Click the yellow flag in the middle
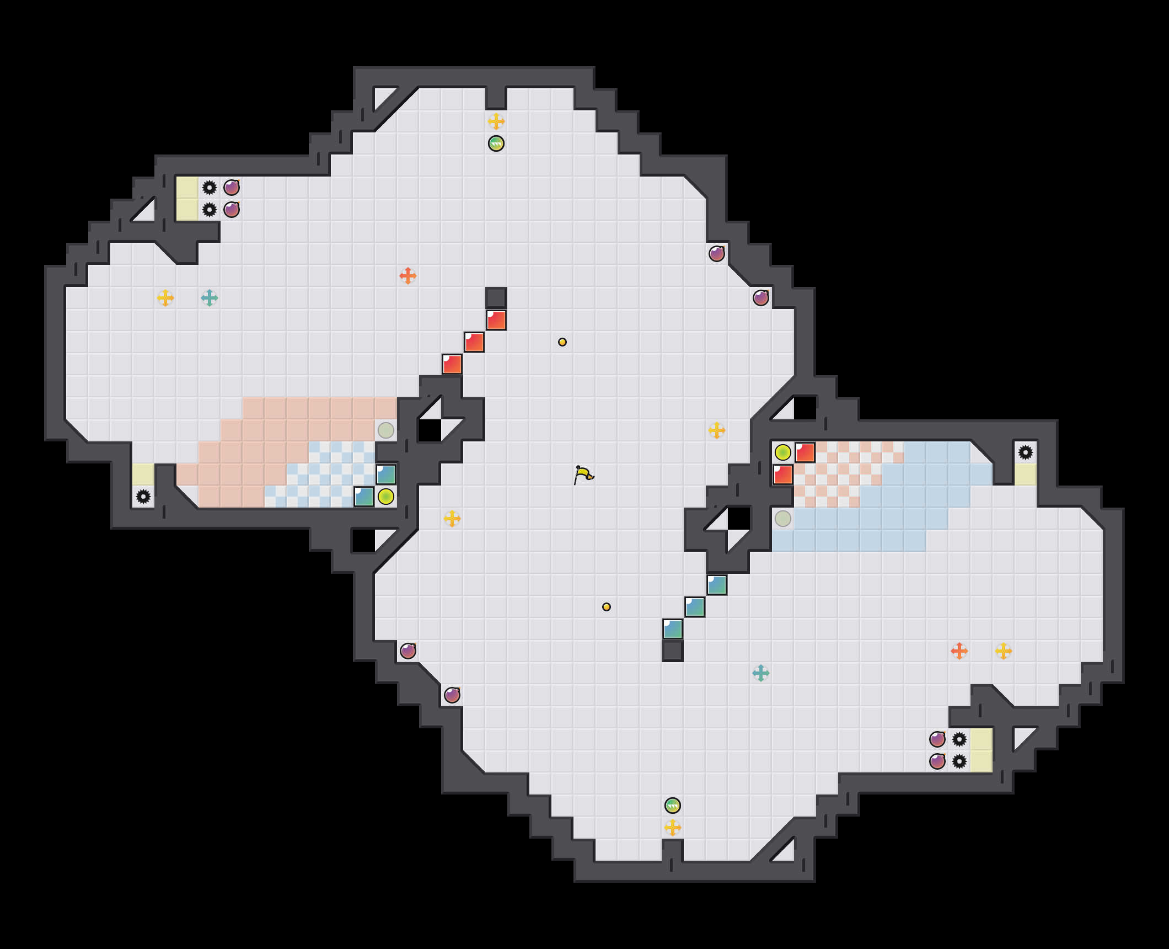point(583,474)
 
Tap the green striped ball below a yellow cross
point(496,143)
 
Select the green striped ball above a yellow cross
point(673,806)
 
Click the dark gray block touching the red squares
point(496,298)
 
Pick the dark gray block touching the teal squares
point(673,651)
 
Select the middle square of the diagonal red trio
point(474,342)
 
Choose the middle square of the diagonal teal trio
point(695,607)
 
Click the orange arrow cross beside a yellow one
point(959,651)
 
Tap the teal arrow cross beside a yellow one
point(210,298)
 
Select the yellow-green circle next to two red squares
point(783,452)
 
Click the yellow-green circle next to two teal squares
point(386,497)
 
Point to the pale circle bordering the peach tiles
point(386,430)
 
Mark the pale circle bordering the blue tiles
point(783,519)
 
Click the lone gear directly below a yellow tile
point(143,497)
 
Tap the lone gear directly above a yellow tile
point(1026,452)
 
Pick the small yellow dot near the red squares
point(562,342)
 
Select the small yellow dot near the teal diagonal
point(607,607)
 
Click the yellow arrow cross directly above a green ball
point(496,121)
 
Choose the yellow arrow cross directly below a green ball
point(673,828)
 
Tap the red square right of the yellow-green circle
point(805,452)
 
